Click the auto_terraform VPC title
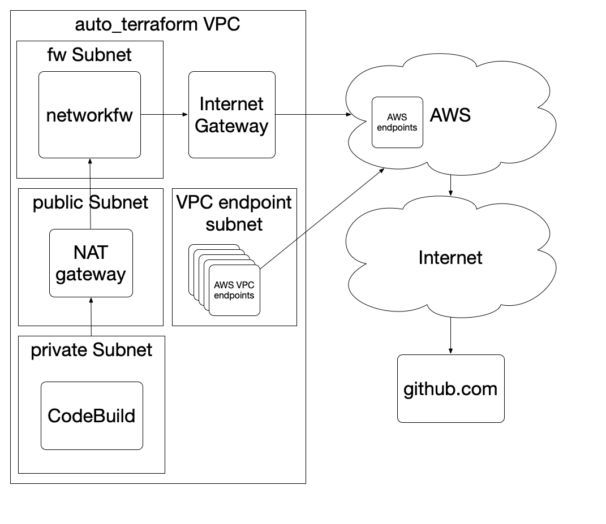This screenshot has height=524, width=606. pos(157,25)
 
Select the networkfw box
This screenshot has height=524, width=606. pos(89,115)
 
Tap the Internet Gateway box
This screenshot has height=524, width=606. pos(231,115)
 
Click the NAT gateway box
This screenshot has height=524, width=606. pos(91,263)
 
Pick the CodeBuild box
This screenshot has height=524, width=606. pos(92,416)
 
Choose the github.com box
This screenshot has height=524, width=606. pos(450,389)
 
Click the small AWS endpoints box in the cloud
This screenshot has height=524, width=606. pos(397,122)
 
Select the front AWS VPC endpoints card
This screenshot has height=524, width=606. pos(234,291)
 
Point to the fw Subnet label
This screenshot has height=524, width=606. pos(89,54)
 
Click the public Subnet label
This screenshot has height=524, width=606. pos(91,202)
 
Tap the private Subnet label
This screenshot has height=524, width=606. pos(91,350)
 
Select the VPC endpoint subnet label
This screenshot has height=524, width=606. pos(234,213)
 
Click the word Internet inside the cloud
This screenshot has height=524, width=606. pos(450,258)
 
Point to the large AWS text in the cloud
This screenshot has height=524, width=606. pos(450,115)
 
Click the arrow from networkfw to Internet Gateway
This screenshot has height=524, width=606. pos(164,115)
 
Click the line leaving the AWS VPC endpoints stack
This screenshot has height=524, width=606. pos(283,250)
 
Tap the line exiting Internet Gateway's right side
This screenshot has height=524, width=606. pos(290,115)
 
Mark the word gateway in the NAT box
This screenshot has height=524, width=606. pos(91,274)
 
